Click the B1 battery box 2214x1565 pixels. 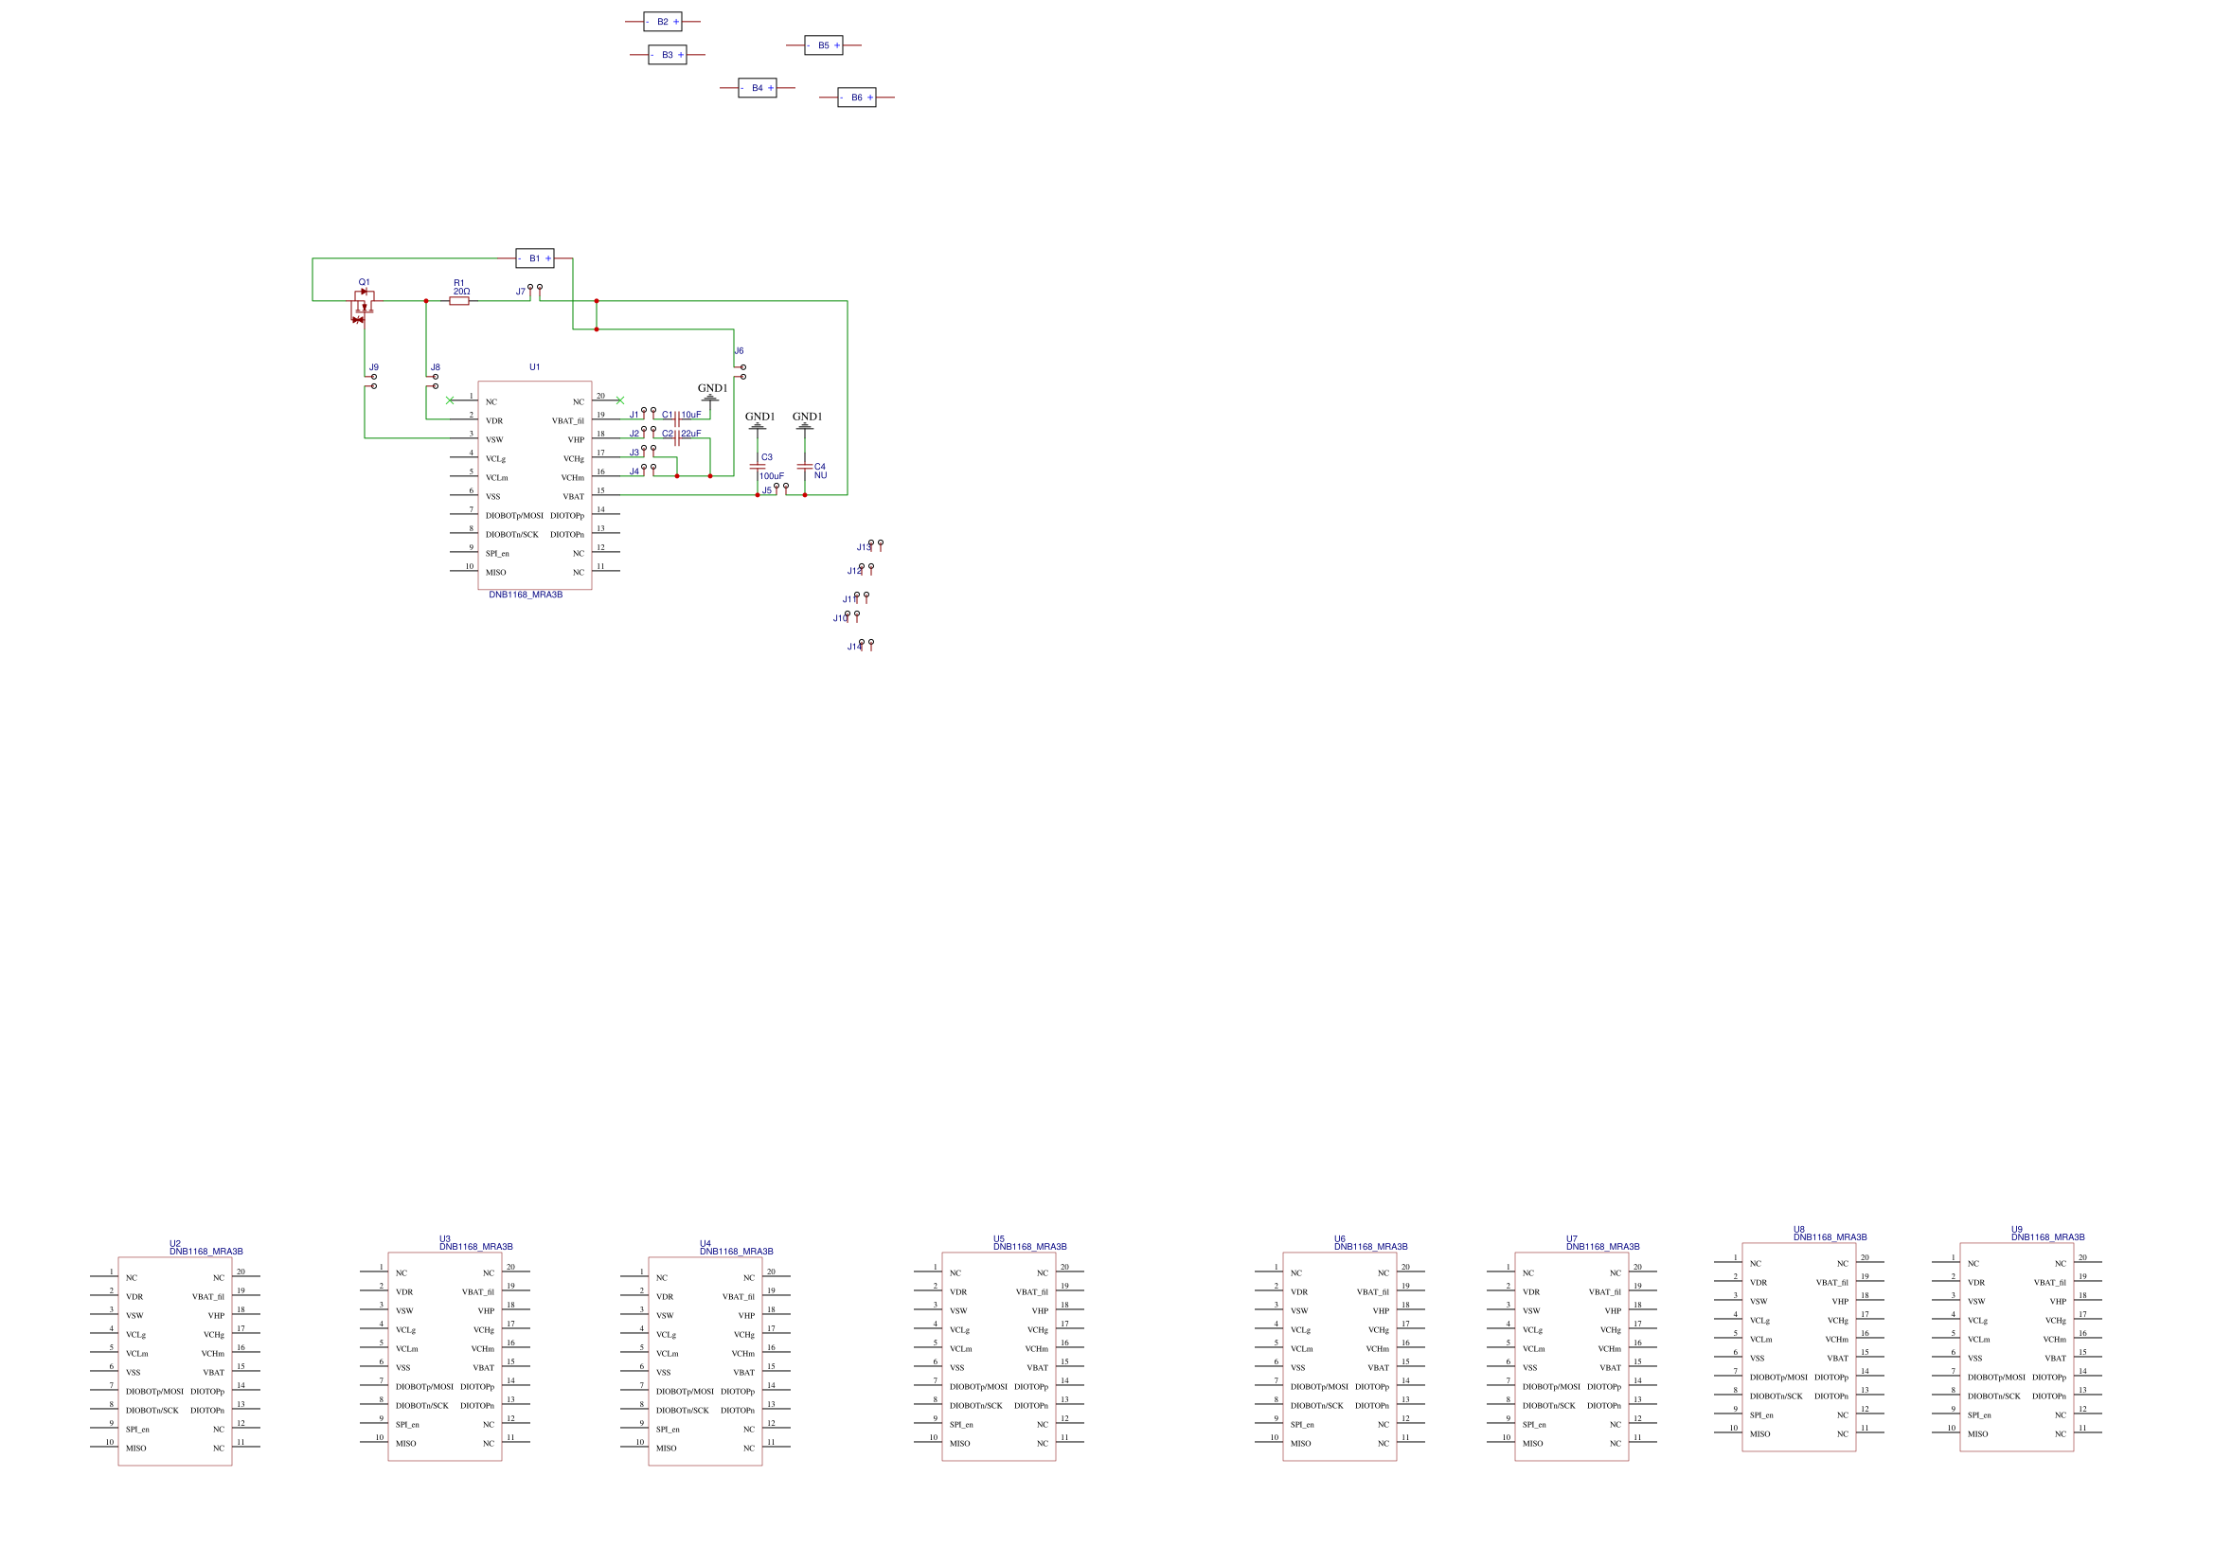(x=534, y=258)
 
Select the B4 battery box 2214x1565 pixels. (x=757, y=88)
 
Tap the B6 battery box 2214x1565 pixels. (x=856, y=98)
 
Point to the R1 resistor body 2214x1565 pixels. (x=459, y=301)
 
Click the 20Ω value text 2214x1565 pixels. (x=461, y=292)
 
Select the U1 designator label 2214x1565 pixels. (x=534, y=367)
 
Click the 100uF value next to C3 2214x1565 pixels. (x=772, y=476)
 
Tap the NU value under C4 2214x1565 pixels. (x=820, y=475)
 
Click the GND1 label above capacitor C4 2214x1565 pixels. (x=807, y=417)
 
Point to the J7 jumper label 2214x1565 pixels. (x=521, y=292)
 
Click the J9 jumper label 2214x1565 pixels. (x=373, y=367)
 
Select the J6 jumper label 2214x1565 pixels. (x=739, y=351)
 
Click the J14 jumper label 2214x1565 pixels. (x=853, y=647)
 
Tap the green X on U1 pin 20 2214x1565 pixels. (x=619, y=400)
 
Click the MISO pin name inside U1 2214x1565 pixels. (x=495, y=573)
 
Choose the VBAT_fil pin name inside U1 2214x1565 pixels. (x=567, y=421)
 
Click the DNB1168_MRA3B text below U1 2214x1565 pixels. (x=526, y=595)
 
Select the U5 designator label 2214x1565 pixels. (x=999, y=1239)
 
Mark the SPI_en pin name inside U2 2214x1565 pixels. (x=137, y=1430)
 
